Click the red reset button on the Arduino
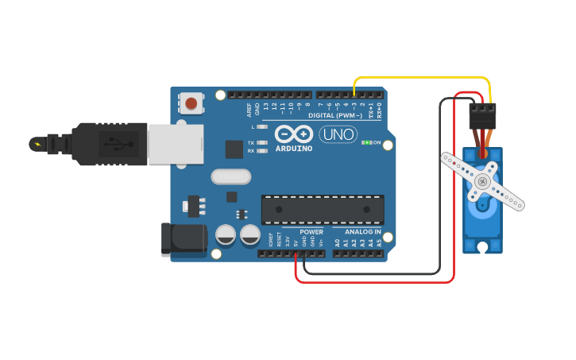click(x=191, y=103)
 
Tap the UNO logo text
click(x=338, y=134)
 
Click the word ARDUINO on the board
click(x=294, y=149)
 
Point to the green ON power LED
click(x=367, y=143)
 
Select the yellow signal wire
click(x=421, y=77)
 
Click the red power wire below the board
click(x=373, y=281)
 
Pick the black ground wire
click(x=373, y=273)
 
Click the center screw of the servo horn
click(x=482, y=182)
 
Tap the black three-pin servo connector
click(x=481, y=116)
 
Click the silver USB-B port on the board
click(x=174, y=145)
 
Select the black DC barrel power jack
click(x=184, y=238)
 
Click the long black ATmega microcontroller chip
click(x=323, y=209)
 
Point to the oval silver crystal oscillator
click(x=230, y=176)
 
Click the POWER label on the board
click(x=311, y=232)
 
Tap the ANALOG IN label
click(x=362, y=232)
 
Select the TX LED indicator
click(x=261, y=142)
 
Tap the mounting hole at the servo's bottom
click(x=482, y=247)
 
